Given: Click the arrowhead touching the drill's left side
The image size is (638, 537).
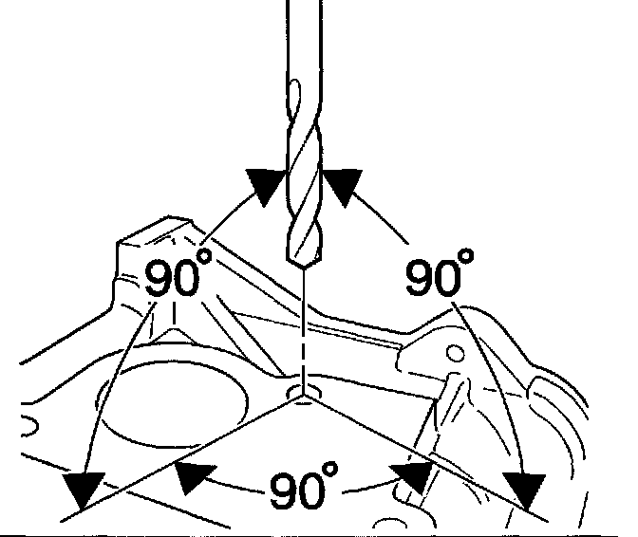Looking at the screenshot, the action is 265,184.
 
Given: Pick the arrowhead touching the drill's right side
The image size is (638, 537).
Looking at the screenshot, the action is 341,184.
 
